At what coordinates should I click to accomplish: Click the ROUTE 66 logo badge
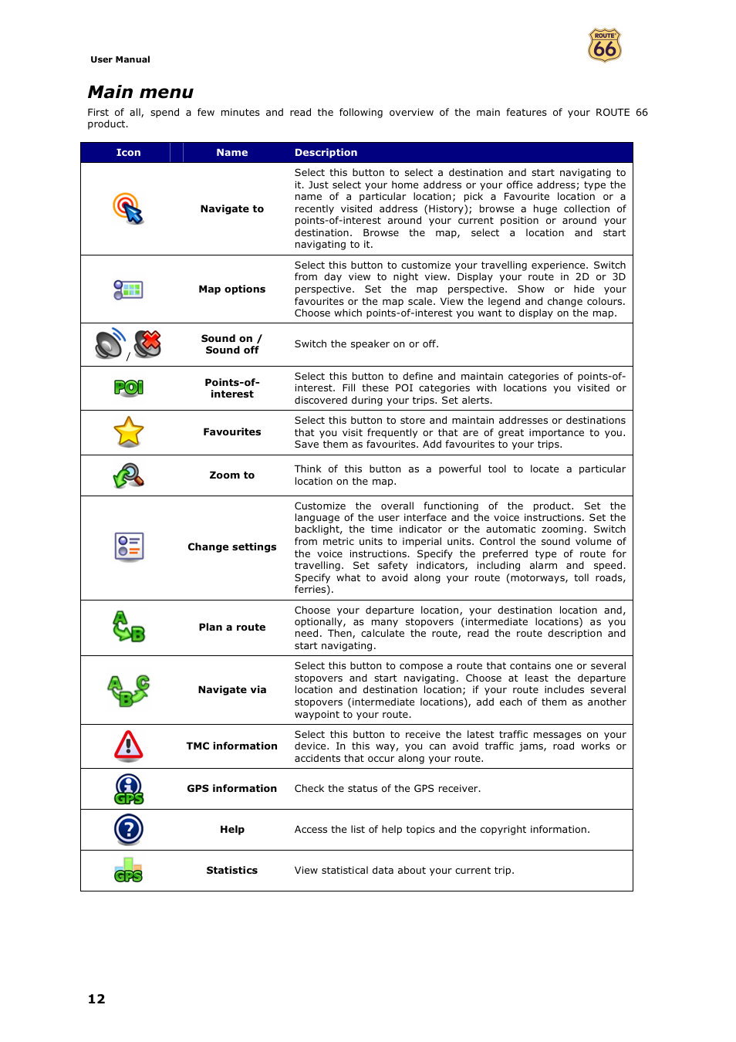[605, 46]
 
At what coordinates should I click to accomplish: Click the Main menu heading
[140, 93]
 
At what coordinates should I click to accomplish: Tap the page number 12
[96, 999]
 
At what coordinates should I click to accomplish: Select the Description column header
[326, 153]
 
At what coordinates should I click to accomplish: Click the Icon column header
[128, 153]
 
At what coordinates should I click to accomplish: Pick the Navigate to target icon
[128, 208]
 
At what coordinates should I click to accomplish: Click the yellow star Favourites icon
[129, 432]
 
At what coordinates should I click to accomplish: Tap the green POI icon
[129, 387]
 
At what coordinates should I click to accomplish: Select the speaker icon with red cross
[148, 343]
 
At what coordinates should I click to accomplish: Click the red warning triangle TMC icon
[129, 746]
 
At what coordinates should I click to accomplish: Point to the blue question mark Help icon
[129, 830]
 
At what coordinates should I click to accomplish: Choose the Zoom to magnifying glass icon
[129, 475]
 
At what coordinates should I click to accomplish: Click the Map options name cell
[231, 289]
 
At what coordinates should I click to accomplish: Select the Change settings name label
[231, 547]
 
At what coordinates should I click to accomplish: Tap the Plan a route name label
[231, 628]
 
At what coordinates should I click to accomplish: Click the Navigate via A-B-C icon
[129, 690]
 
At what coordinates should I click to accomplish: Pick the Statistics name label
[231, 871]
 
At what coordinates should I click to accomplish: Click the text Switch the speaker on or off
[366, 344]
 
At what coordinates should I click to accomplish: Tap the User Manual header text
[120, 59]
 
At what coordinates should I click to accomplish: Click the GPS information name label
[231, 789]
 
